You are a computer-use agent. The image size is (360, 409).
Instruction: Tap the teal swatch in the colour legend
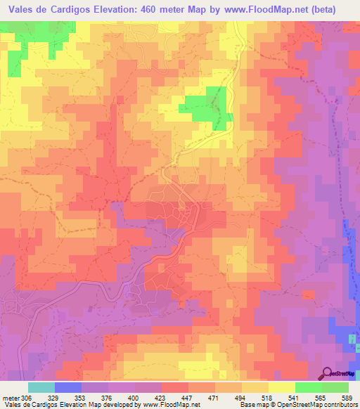coord(41,387)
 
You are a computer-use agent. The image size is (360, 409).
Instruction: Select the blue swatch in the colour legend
coord(68,387)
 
